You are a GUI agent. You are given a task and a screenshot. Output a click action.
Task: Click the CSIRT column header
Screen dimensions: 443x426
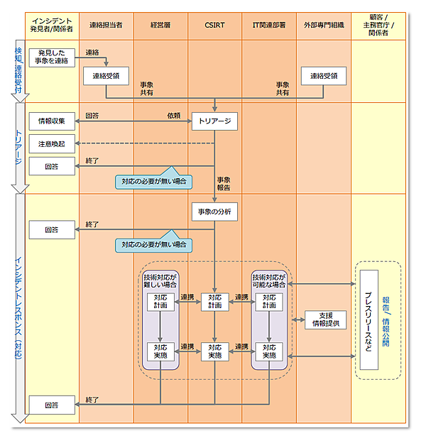pos(214,25)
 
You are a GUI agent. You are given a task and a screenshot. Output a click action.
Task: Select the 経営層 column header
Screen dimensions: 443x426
pos(160,25)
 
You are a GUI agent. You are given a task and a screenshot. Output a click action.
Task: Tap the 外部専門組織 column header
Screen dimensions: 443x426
pos(323,25)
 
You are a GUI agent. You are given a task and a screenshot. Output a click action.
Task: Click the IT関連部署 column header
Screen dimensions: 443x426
pos(269,25)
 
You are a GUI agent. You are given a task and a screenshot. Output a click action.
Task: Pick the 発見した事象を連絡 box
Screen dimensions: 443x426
pos(52,57)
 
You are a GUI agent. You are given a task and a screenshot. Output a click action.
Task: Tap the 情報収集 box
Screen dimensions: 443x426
pos(52,121)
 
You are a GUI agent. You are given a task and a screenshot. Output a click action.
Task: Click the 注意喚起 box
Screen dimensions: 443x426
pos(52,144)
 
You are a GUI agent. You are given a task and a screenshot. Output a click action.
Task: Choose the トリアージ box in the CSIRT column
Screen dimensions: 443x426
pos(214,121)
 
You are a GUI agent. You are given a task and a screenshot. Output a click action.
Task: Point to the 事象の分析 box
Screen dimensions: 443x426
pos(214,212)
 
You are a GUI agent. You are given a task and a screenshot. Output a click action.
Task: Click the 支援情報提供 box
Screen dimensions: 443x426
pos(323,319)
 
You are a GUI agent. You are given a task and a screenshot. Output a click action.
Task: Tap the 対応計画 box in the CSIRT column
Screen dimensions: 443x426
pos(214,301)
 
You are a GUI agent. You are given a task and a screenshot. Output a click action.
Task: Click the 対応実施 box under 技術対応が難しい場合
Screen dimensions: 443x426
pos(160,351)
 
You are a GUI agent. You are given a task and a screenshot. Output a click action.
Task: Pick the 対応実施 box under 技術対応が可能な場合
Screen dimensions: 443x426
pos(269,351)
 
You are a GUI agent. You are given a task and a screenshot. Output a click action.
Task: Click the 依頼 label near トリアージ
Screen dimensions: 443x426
pos(173,115)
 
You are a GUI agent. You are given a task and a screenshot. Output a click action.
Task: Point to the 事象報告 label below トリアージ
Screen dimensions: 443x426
pos(223,184)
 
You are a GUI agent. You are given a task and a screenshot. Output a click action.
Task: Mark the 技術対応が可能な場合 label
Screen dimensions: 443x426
pos(269,280)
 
